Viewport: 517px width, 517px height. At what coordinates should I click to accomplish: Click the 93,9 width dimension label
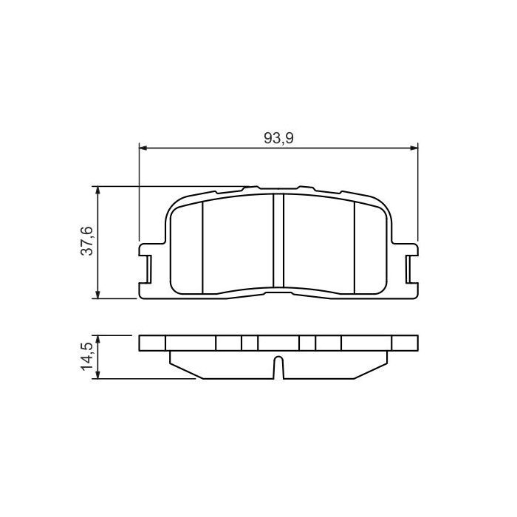click(279, 137)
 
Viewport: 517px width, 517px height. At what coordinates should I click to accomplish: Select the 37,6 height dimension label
click(87, 242)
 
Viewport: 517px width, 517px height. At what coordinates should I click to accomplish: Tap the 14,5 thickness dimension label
click(87, 357)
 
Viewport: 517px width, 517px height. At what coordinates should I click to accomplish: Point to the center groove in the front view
click(279, 240)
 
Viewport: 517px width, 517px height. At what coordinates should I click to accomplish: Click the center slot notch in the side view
click(278, 367)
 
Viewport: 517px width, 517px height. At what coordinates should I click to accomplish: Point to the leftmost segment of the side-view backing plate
click(153, 343)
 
